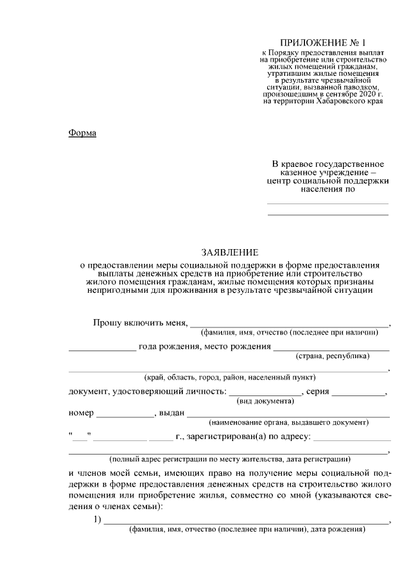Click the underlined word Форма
tap(82, 133)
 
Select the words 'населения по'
tap(328, 191)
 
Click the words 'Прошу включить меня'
tap(139, 322)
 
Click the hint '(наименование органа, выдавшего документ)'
tap(289, 423)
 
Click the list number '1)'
tap(98, 519)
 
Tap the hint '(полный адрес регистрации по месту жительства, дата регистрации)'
tap(229, 460)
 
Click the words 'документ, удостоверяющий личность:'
tap(146, 392)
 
